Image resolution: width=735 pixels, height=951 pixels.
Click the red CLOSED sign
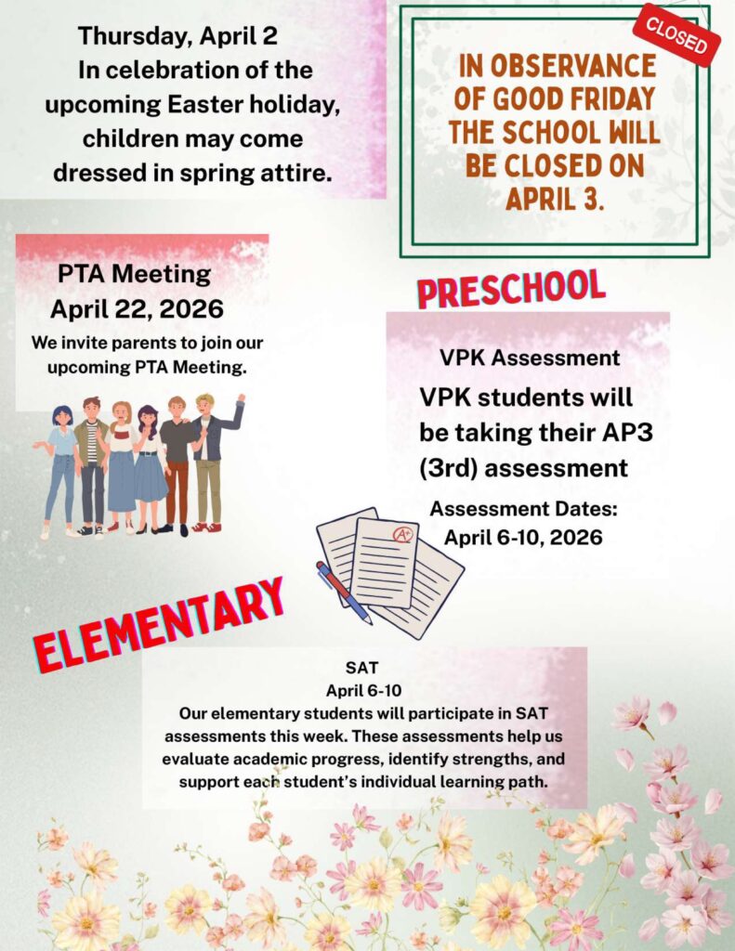click(676, 35)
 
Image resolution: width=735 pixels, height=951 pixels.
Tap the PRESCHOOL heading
click(511, 289)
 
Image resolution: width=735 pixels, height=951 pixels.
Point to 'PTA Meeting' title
click(134, 275)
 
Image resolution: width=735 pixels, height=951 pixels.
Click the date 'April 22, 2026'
click(137, 308)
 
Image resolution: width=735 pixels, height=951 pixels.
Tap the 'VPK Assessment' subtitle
click(530, 358)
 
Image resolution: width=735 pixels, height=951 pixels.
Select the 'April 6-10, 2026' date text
click(523, 537)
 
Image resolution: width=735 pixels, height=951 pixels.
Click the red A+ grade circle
click(402, 535)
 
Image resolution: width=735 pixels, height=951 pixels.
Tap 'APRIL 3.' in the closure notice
click(555, 198)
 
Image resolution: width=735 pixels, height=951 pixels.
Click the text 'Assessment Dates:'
click(523, 509)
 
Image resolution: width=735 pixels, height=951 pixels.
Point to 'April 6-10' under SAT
click(363, 691)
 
